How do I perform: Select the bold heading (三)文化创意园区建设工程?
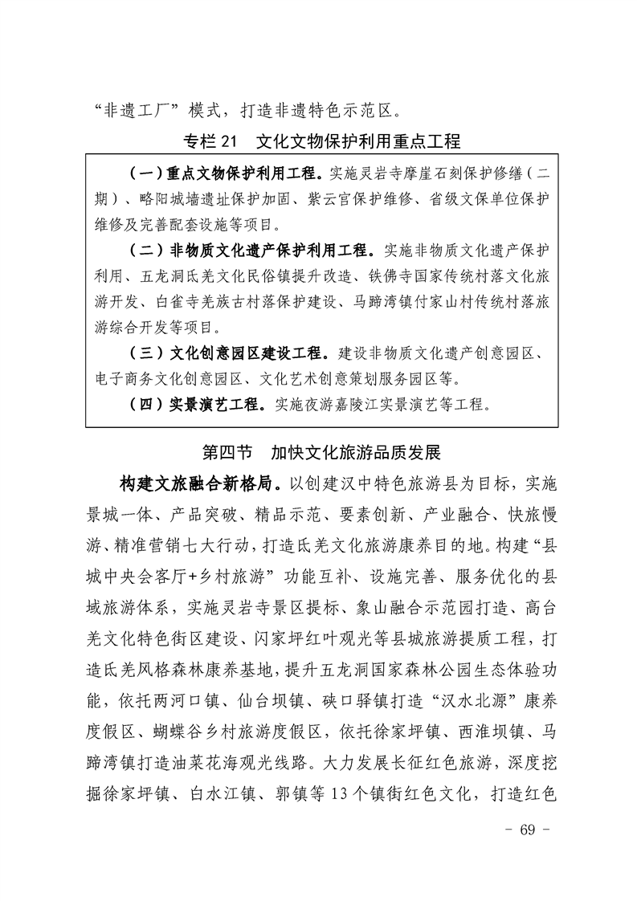[x=229, y=353]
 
